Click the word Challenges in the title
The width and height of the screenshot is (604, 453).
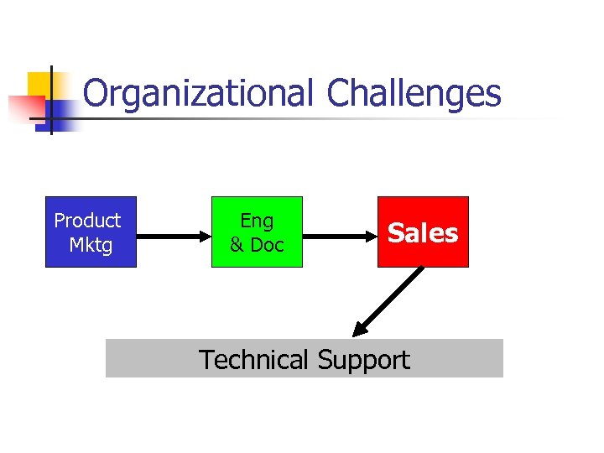pos(414,94)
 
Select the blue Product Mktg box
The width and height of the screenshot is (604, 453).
pos(91,232)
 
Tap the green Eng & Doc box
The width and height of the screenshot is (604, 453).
pos(257,232)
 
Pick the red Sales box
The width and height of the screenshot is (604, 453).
pos(423,232)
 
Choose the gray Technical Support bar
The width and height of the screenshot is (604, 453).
pos(304,359)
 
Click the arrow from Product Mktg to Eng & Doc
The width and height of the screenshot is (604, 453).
pos(172,237)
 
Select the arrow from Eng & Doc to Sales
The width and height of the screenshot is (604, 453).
pos(336,237)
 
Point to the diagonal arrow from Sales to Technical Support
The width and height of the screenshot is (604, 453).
pos(390,300)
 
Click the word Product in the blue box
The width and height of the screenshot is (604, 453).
pos(87,221)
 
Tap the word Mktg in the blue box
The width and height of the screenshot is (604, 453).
pos(91,245)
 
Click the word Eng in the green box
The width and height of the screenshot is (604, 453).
pos(257,221)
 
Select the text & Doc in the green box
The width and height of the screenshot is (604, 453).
pos(257,245)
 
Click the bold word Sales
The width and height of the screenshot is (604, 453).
pos(423,232)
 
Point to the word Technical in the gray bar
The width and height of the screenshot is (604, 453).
pos(253,360)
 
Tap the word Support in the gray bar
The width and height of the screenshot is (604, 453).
pos(363,361)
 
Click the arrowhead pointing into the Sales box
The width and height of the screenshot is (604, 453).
pos(370,237)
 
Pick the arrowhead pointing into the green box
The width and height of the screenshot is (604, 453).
pos(204,237)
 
